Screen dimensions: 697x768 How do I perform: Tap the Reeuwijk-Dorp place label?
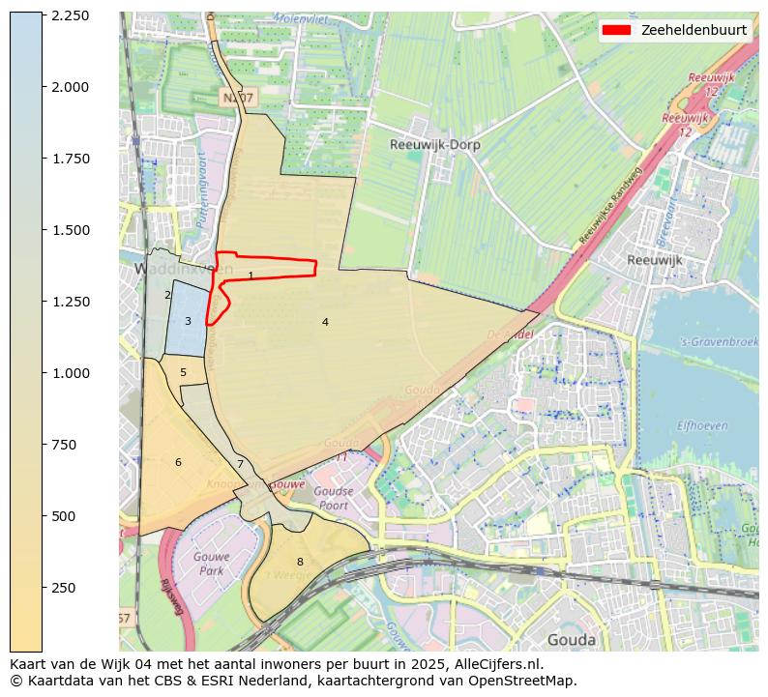click(434, 145)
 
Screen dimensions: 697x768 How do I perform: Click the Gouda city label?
click(571, 640)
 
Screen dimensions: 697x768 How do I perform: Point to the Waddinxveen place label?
click(184, 268)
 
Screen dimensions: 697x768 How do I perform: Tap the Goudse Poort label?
click(333, 498)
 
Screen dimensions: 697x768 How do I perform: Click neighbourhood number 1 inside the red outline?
click(251, 276)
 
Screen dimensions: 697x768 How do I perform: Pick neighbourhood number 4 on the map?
click(325, 322)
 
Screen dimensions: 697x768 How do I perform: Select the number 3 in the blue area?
click(188, 322)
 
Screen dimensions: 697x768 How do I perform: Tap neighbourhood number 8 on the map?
click(300, 562)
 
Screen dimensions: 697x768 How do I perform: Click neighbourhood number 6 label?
click(178, 463)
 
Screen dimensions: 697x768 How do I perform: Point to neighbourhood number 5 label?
click(183, 373)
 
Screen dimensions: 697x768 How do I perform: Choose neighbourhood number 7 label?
click(240, 465)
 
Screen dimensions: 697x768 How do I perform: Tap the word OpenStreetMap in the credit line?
click(526, 681)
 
